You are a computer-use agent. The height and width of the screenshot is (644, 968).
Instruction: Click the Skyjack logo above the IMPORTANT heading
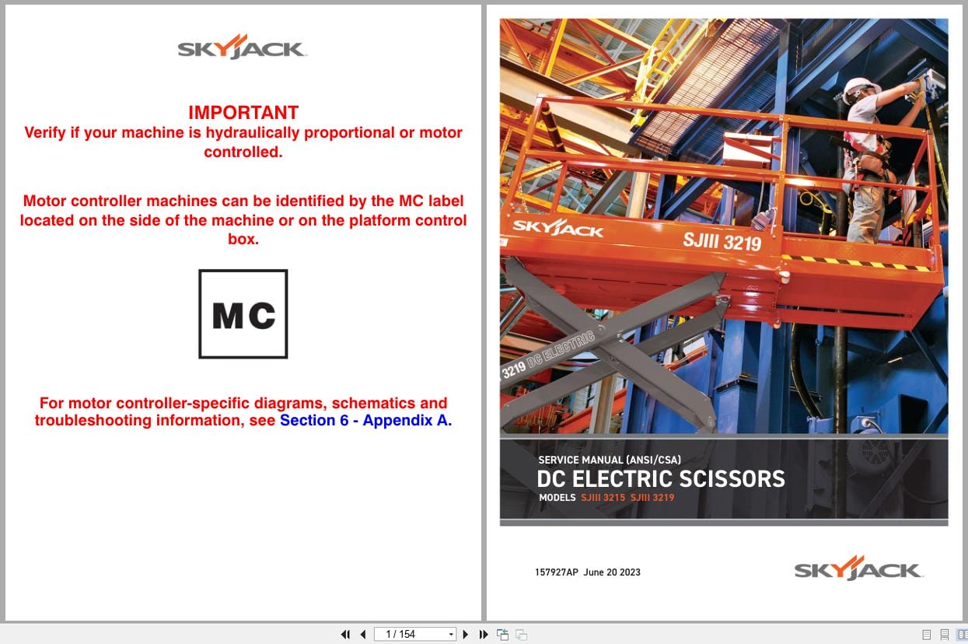[243, 48]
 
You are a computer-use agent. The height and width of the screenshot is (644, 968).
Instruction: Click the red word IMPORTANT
[243, 113]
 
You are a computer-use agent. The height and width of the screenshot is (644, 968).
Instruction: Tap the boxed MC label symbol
[243, 314]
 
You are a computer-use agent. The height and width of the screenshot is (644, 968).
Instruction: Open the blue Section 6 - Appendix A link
[365, 421]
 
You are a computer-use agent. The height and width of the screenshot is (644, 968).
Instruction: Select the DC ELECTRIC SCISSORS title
[660, 478]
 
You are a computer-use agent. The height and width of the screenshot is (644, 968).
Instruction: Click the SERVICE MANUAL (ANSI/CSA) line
[609, 460]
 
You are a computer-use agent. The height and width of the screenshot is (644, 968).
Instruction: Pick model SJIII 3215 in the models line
[603, 498]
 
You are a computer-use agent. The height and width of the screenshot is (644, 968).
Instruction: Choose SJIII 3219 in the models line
[652, 498]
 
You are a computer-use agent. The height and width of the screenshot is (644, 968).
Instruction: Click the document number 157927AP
[556, 572]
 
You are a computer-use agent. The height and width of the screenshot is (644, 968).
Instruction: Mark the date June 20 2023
[612, 572]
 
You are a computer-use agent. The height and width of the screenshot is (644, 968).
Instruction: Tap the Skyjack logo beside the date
[858, 569]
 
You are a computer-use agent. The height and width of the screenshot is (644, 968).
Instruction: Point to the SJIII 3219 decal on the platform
[722, 241]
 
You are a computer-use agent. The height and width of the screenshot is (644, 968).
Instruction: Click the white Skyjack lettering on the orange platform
[557, 229]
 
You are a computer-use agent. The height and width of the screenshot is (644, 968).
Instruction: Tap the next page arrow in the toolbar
[466, 635]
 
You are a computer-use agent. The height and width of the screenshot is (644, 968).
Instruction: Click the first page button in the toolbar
[345, 635]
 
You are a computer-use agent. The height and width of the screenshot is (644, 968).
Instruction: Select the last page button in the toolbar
[483, 635]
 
